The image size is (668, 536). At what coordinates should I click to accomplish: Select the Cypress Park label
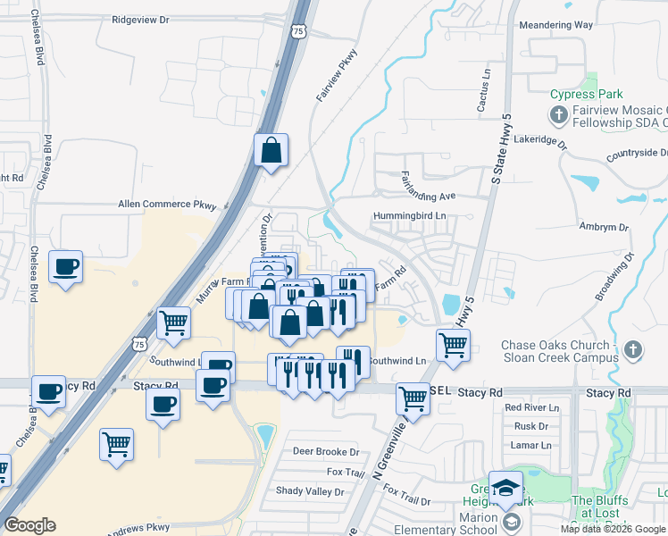pyautogui.click(x=586, y=94)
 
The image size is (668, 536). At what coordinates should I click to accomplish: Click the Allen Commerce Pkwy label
pyautogui.click(x=167, y=205)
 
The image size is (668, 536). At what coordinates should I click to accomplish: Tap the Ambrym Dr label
pyautogui.click(x=597, y=227)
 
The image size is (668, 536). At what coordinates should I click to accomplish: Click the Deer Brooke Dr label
pyautogui.click(x=325, y=452)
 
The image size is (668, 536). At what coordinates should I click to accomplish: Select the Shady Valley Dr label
pyautogui.click(x=309, y=491)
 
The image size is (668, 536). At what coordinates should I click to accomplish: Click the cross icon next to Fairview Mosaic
pyautogui.click(x=558, y=114)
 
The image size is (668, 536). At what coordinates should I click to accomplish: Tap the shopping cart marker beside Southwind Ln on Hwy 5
pyautogui.click(x=454, y=343)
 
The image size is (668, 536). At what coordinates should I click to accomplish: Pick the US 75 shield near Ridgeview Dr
pyautogui.click(x=297, y=31)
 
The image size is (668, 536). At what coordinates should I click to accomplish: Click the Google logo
pyautogui.click(x=30, y=525)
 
